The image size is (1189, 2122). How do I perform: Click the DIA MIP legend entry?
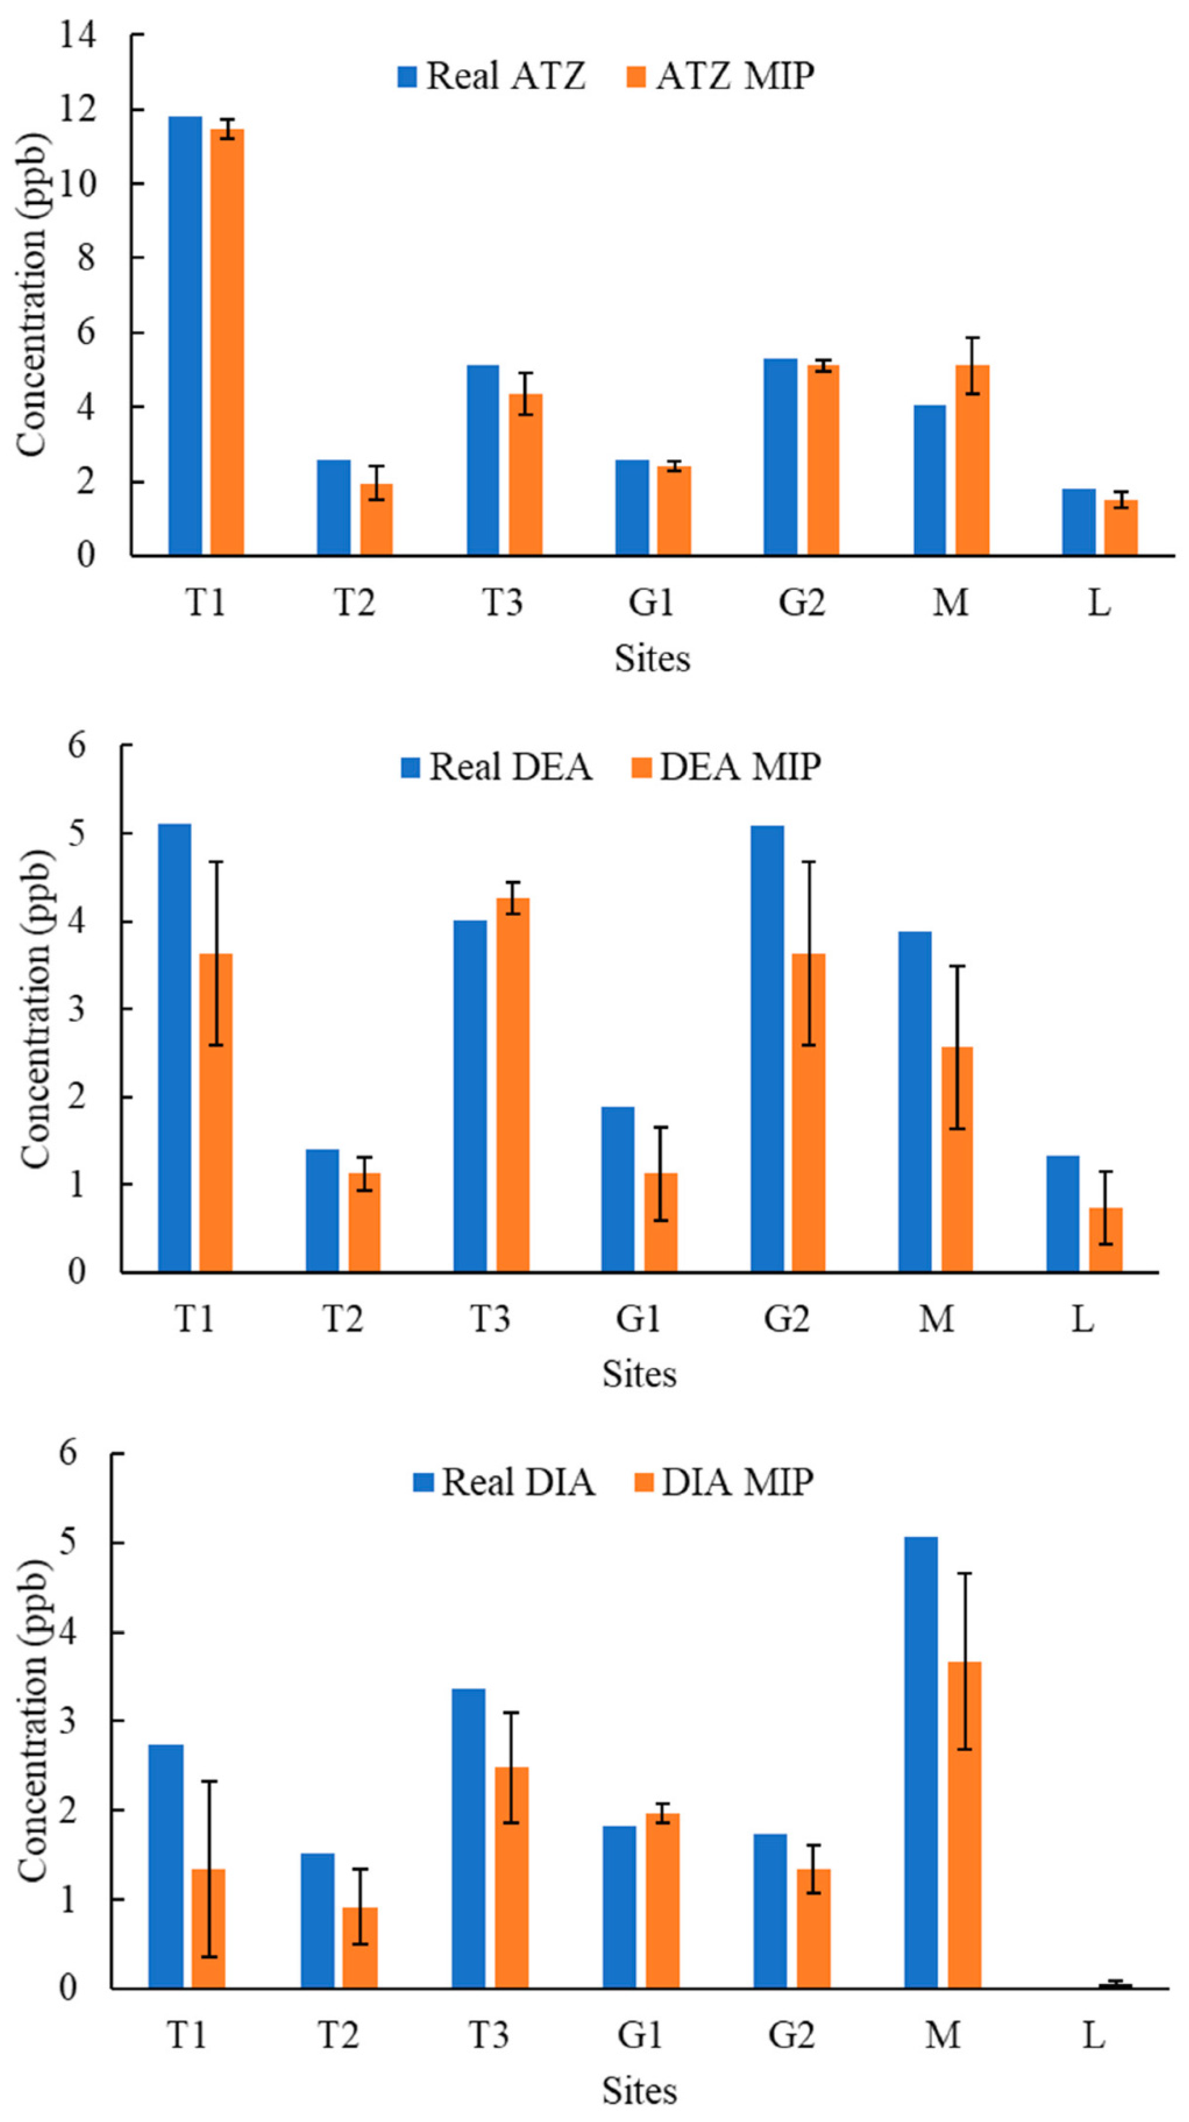(725, 1483)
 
